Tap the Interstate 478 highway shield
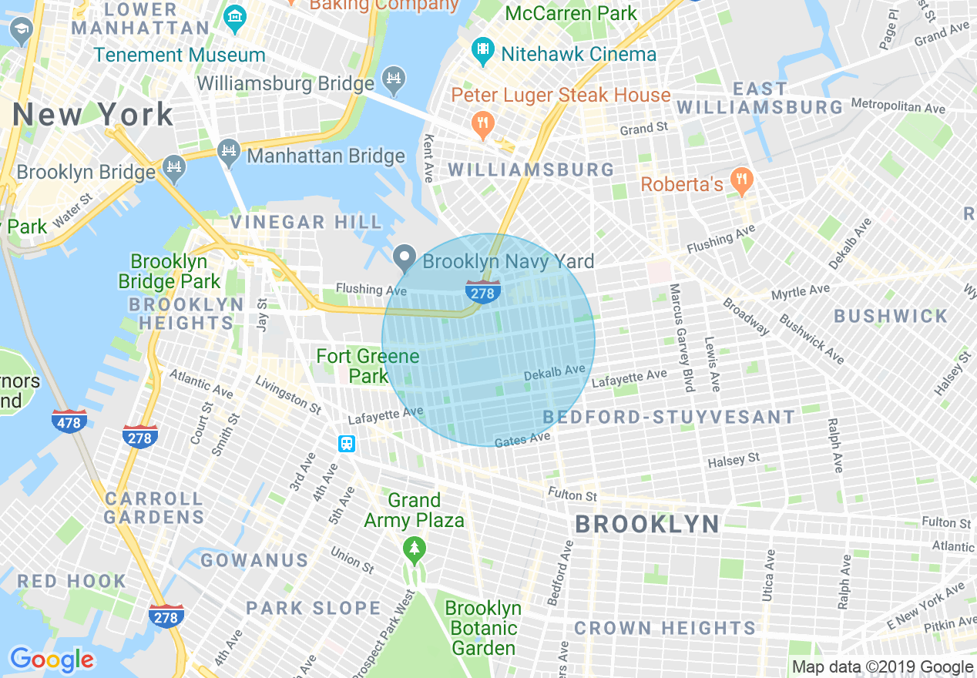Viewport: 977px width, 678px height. point(69,421)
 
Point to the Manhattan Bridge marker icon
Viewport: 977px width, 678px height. point(229,153)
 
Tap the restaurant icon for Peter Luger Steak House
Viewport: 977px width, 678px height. point(483,124)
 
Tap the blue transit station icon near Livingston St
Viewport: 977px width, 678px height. point(347,444)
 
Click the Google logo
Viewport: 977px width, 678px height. point(52,660)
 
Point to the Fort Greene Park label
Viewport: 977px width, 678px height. point(368,366)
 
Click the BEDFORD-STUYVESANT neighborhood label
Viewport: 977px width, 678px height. point(669,418)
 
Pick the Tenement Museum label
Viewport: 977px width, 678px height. point(180,55)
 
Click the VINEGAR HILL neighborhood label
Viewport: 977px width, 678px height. point(306,223)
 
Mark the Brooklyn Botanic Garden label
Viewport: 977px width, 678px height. point(483,628)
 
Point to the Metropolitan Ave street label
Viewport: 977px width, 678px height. point(898,104)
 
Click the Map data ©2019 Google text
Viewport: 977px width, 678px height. point(883,667)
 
